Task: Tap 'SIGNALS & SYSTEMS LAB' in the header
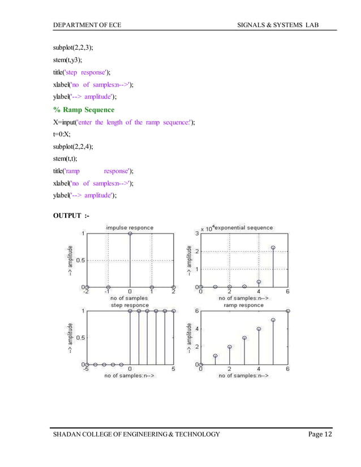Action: coord(288,25)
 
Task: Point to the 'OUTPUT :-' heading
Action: coord(71,215)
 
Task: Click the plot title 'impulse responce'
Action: coord(130,227)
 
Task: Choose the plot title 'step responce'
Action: coord(130,305)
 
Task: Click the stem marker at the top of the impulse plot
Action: coord(130,233)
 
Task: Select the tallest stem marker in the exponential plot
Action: coord(273,248)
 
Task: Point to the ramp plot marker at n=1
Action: coord(216,356)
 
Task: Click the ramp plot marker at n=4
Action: coord(259,328)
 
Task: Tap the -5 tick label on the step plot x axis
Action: coord(85,370)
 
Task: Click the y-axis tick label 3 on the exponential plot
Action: coord(196,233)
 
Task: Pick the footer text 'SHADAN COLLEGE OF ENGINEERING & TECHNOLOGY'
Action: coord(136,434)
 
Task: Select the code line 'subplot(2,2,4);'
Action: coord(73,146)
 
